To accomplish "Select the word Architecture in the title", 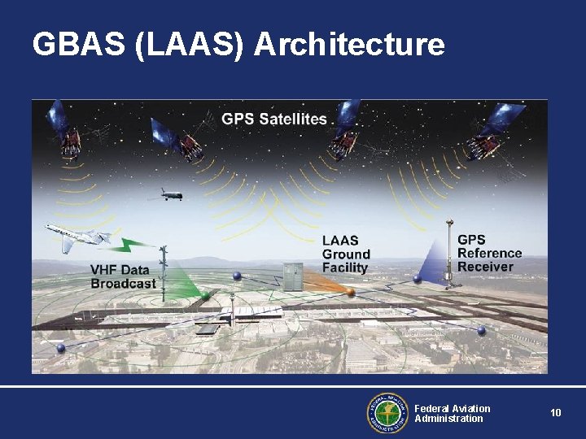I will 349,45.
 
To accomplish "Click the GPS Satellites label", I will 274,119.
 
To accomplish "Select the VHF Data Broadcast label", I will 123,277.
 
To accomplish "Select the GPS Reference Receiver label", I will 489,253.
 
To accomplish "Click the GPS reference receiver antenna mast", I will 448,252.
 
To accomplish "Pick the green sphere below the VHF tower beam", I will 206,295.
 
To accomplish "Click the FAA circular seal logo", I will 387,413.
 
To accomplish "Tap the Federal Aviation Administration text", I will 452,413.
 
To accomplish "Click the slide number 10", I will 555,413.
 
